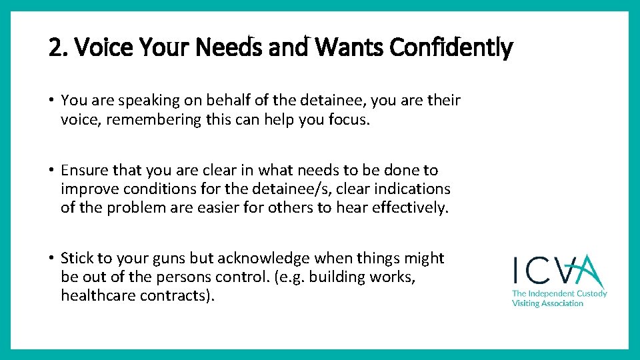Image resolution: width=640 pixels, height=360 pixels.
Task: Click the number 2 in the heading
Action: coord(55,47)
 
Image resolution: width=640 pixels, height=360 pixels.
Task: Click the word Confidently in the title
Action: coord(451,47)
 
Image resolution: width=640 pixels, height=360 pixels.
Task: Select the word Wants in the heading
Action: coord(350,47)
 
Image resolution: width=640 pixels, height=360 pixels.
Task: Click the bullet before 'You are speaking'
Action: coord(51,101)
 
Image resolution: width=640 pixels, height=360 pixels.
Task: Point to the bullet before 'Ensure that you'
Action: coord(51,171)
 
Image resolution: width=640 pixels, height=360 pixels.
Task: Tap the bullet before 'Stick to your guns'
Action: coord(51,258)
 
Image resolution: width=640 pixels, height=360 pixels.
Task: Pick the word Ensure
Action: coord(83,171)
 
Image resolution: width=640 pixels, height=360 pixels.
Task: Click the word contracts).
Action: coord(177,295)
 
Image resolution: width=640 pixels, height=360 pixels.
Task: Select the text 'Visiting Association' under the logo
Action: coord(547,303)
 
